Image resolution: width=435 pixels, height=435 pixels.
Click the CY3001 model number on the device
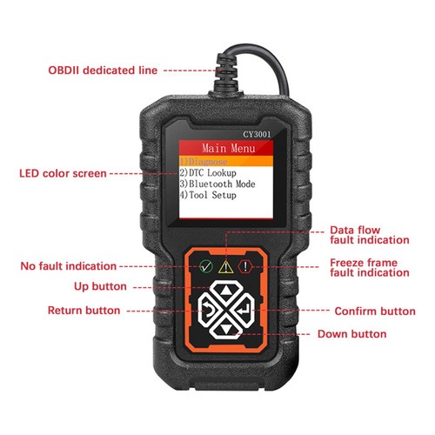pos(257,134)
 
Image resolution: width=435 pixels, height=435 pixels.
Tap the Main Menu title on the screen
pos(229,148)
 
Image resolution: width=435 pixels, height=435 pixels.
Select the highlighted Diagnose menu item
pos(204,162)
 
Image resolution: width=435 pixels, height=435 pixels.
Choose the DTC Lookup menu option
pos(208,173)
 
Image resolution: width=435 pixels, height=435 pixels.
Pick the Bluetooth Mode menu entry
pos(217,184)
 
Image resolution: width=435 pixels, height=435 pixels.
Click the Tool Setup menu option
pos(208,195)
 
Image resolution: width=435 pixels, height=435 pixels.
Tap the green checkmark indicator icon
pos(206,266)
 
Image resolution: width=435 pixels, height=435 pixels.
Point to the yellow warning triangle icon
pos(226,267)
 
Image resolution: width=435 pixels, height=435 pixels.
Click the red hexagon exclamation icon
pos(245,266)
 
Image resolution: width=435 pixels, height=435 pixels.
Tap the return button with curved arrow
pos(208,311)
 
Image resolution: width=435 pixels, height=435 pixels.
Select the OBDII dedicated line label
pos(103,70)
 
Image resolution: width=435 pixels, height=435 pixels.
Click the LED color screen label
pos(63,173)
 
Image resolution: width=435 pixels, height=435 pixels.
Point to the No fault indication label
pos(69,266)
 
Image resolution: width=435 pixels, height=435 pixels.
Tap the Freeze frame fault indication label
pos(370,268)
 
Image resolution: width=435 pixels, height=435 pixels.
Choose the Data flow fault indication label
pos(370,235)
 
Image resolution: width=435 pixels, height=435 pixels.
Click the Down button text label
pos(352,334)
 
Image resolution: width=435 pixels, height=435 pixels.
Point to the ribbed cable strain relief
pos(226,72)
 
